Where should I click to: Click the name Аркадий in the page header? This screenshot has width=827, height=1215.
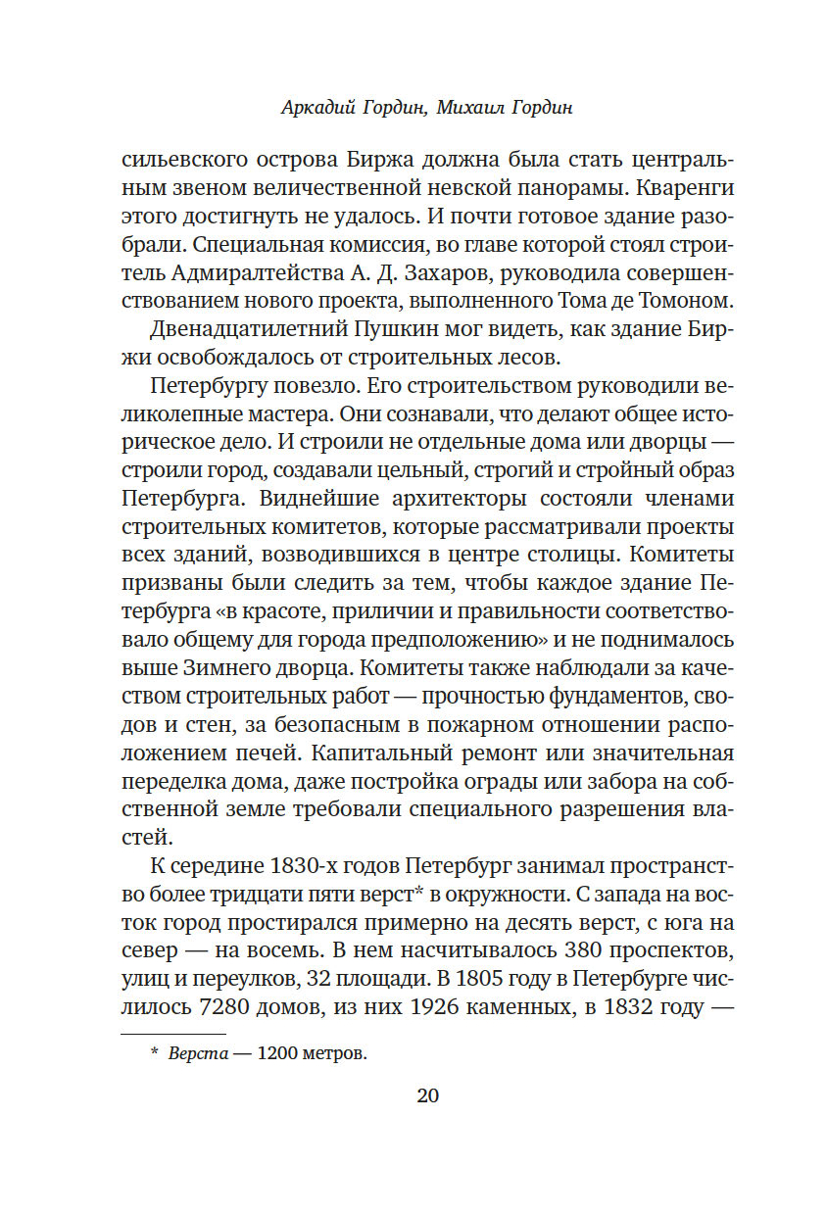[x=315, y=108]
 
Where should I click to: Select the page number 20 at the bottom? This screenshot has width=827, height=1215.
[x=428, y=1095]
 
